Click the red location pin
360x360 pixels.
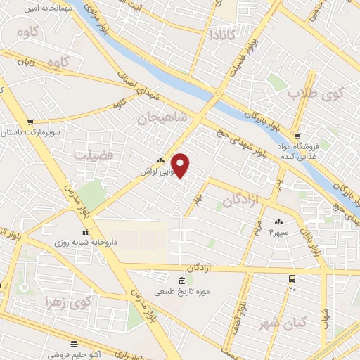point(181,165)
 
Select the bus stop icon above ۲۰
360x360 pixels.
point(292,278)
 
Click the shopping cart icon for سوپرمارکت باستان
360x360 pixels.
point(30,121)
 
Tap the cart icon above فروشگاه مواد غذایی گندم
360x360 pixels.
point(298,136)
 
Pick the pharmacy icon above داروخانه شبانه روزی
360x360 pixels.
point(85,231)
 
